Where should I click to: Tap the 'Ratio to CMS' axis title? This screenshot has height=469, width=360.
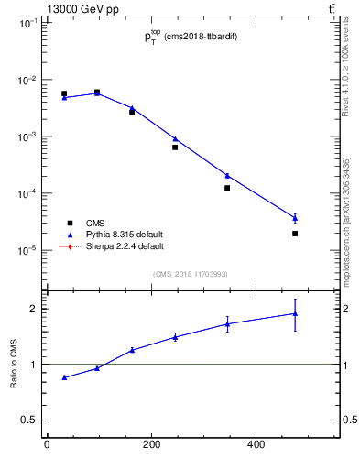pyautogui.click(x=15, y=365)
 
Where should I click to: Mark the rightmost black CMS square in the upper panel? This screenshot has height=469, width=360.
pyautogui.click(x=295, y=234)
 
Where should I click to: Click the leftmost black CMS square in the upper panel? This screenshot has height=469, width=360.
pyautogui.click(x=64, y=93)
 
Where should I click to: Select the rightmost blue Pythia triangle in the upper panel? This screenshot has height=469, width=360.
pyautogui.click(x=295, y=217)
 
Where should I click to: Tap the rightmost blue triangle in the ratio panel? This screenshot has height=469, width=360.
pyautogui.click(x=295, y=313)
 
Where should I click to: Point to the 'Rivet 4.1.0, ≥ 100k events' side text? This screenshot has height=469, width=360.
pyautogui.click(x=345, y=87)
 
